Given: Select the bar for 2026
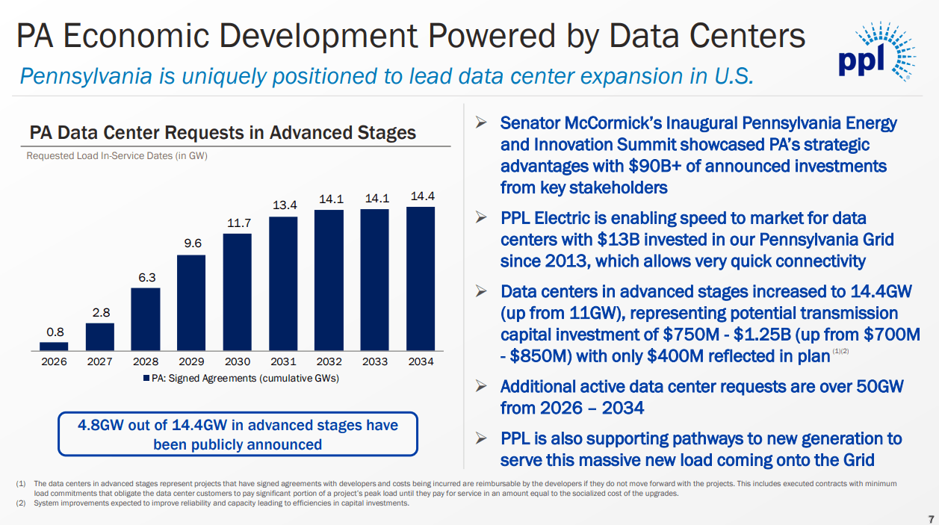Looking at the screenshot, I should pos(54,346).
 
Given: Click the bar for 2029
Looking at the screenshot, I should pos(191,302).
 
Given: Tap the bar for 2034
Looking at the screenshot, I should pos(421,279).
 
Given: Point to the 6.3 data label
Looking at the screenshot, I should pos(146,277).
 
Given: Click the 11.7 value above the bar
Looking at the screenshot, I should pos(238,223).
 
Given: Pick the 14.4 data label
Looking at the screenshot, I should pos(422,196).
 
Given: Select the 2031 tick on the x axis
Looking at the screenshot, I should pos(283,361).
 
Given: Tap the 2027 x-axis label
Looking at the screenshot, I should pos(100,361).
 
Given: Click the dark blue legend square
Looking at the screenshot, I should pos(146,379).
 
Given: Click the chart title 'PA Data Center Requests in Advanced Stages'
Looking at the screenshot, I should pos(223,133).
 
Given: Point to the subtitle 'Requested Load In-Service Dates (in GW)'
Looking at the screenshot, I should pos(117,156).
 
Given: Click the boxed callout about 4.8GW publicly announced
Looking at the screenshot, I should pos(238,435).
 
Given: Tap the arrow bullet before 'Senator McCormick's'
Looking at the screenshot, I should pos(482,122).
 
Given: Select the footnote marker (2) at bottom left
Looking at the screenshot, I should pos(21,503).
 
